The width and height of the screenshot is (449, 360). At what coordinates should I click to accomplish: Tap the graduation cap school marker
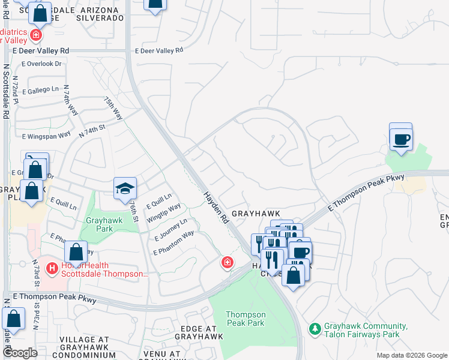(126, 188)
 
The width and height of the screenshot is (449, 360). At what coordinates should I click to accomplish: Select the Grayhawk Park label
(104, 224)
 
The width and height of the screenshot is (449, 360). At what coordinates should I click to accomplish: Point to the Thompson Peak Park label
(245, 319)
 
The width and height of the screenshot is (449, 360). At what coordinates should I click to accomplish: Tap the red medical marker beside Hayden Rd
(227, 263)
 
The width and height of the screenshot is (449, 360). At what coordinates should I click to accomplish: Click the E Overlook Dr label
(41, 64)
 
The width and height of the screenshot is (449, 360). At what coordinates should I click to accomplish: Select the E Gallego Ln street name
(41, 90)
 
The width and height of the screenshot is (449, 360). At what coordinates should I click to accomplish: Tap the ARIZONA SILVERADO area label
(100, 13)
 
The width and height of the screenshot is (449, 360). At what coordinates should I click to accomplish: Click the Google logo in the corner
(20, 353)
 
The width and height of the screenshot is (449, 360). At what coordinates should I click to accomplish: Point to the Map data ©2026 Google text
(411, 355)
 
